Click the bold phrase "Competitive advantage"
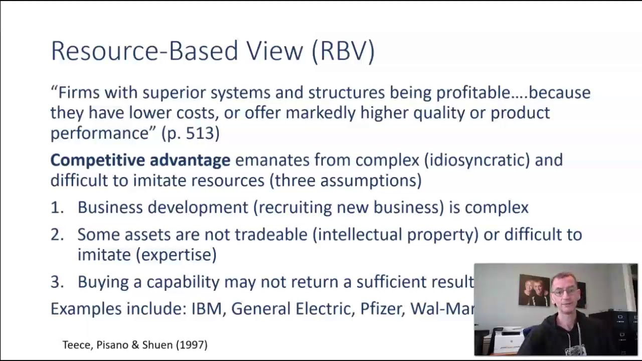140,160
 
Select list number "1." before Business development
57,208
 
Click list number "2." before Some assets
57,235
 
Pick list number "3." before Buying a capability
57,282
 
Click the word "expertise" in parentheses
176,255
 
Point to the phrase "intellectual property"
396,235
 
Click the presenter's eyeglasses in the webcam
565,291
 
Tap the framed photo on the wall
534,289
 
